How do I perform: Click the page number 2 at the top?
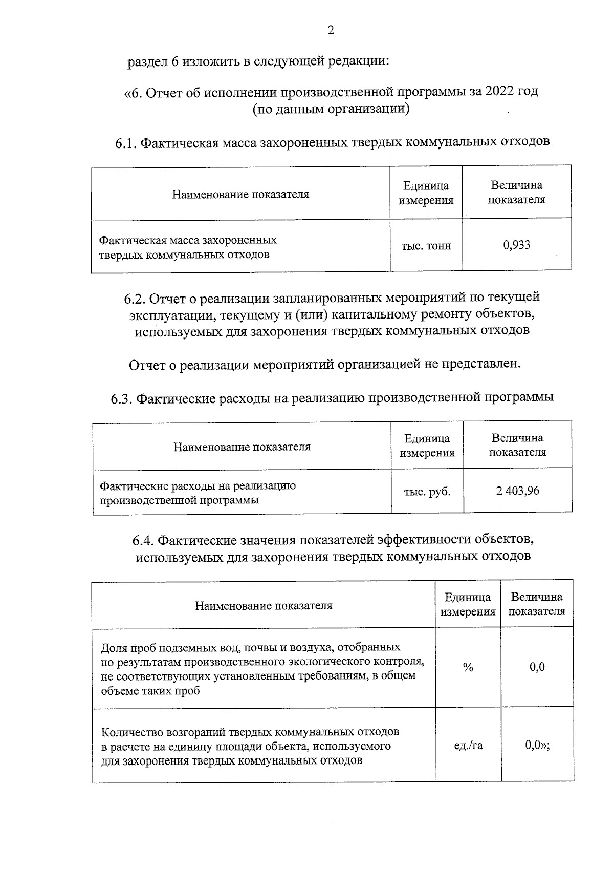(x=331, y=31)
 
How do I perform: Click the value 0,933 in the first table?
(x=516, y=245)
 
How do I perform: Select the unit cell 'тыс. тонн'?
(x=426, y=246)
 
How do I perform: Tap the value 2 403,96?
(x=517, y=491)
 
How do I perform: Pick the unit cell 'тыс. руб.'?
(x=427, y=492)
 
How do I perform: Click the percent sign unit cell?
(x=468, y=667)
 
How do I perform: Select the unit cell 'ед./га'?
(x=468, y=746)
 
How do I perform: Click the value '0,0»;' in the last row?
(x=537, y=745)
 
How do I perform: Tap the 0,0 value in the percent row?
(x=537, y=667)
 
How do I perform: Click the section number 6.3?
(x=122, y=398)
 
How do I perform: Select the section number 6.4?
(x=143, y=541)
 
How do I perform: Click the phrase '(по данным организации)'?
(x=331, y=109)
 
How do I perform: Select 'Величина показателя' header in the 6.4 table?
(x=536, y=604)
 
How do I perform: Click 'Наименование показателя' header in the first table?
(x=240, y=194)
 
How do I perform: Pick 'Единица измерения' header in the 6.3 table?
(x=427, y=446)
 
